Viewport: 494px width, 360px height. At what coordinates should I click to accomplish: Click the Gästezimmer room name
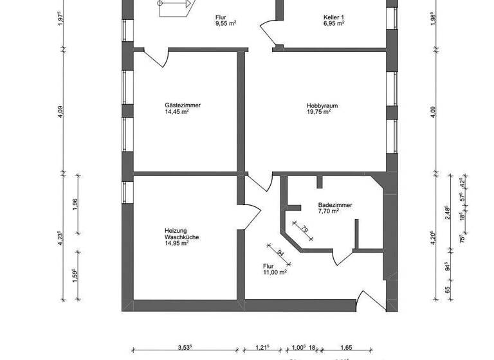178,104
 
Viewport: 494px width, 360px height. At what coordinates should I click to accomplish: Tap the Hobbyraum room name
320,104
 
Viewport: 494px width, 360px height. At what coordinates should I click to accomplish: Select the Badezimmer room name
335,206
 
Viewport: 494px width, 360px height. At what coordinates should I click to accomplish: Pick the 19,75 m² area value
318,111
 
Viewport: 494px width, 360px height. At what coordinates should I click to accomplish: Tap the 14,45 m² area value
177,111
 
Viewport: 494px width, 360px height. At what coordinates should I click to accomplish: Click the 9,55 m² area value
226,23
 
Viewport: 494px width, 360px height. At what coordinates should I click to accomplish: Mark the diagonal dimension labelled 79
304,230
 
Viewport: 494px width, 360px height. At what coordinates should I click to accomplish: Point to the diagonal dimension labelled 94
280,253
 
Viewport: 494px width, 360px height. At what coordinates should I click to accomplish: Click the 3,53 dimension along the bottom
187,348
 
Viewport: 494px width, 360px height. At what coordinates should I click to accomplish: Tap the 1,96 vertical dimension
75,204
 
